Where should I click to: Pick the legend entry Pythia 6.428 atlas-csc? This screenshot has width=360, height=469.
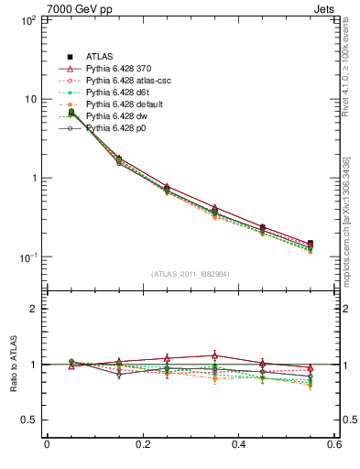pyautogui.click(x=125, y=81)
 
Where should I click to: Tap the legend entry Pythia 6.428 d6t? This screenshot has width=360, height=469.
pyautogui.click(x=116, y=93)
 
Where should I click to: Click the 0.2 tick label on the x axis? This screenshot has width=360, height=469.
pyautogui.click(x=142, y=446)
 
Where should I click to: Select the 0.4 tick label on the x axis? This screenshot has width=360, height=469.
pyautogui.click(x=238, y=446)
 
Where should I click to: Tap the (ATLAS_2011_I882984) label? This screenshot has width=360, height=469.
pyautogui.click(x=190, y=274)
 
